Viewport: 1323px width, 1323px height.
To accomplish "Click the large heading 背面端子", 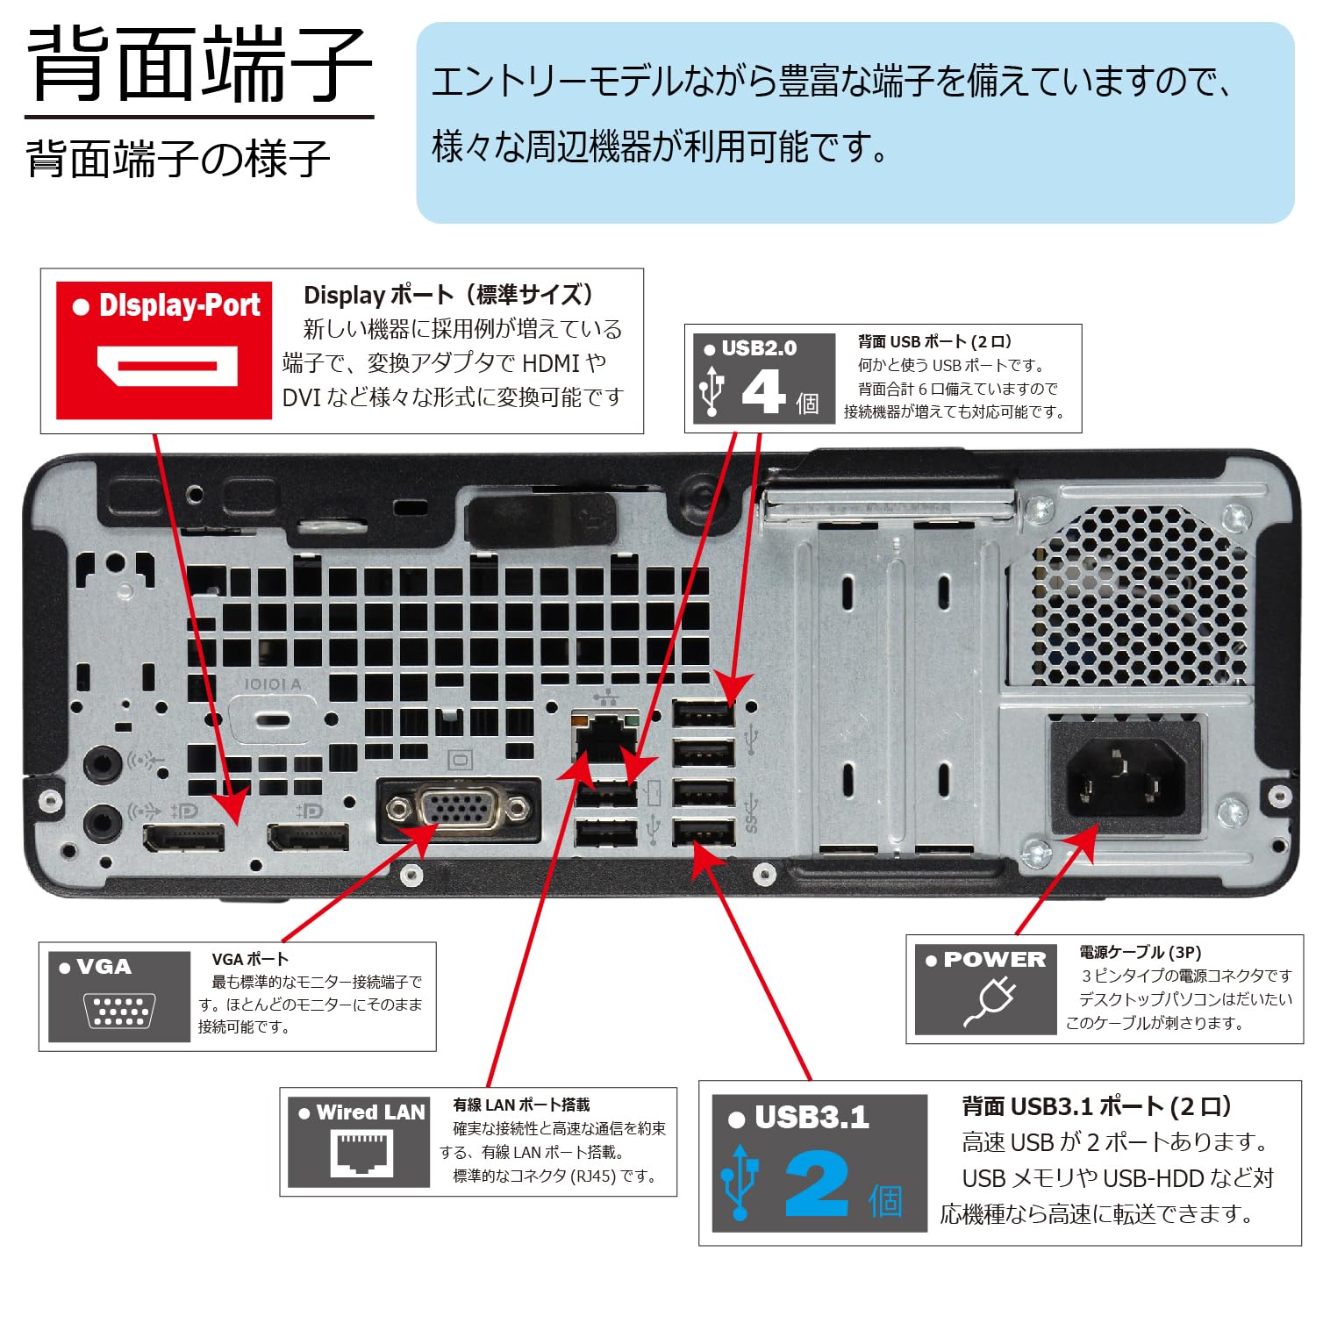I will point(200,63).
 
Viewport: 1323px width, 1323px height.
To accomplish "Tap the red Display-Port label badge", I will point(164,349).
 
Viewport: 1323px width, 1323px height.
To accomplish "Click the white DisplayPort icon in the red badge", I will point(167,366).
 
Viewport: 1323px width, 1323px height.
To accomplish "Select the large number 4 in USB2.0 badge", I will point(763,391).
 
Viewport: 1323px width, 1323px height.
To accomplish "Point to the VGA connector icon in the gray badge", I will point(120,1010).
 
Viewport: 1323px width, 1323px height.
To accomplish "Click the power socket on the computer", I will point(1126,778).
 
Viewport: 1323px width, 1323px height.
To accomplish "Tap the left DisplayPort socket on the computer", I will point(184,839).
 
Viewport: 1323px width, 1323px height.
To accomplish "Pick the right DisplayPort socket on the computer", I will point(308,838).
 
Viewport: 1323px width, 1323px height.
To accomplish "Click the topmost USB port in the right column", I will point(704,712).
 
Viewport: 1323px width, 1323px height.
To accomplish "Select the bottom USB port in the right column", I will point(704,832).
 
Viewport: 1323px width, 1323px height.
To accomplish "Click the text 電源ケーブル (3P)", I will point(1140,952).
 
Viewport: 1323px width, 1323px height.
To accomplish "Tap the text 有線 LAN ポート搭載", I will point(521,1105).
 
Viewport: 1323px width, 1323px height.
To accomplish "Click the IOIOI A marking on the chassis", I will point(272,684).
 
